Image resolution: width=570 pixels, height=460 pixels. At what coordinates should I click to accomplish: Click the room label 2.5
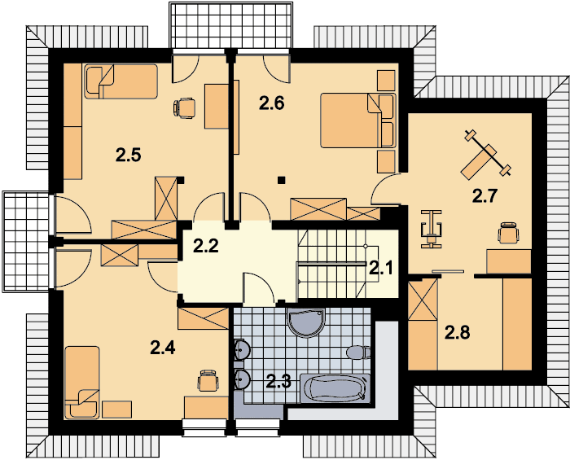click(x=129, y=156)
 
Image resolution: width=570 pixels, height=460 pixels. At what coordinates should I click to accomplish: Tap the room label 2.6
click(x=271, y=103)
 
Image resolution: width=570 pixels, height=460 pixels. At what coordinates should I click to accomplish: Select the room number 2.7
click(x=484, y=196)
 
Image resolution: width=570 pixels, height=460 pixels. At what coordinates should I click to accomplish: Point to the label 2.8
click(x=458, y=332)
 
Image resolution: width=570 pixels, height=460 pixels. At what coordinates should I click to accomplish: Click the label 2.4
click(x=163, y=348)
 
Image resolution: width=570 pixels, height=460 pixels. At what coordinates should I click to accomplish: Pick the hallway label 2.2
click(x=206, y=246)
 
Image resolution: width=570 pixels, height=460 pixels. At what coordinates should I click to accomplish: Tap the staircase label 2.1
click(x=381, y=269)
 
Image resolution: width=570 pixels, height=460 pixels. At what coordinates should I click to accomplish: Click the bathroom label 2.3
click(x=278, y=382)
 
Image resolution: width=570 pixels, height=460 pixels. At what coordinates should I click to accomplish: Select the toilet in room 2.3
click(x=359, y=353)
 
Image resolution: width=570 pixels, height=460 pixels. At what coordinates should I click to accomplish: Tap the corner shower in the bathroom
click(x=306, y=322)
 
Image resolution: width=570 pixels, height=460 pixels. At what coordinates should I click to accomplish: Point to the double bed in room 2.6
click(x=358, y=120)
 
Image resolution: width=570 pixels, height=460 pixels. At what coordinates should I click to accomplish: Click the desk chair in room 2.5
click(x=185, y=108)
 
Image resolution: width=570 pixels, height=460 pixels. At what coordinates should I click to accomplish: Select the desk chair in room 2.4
click(x=208, y=381)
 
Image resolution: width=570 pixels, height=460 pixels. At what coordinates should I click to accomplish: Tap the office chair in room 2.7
click(x=508, y=233)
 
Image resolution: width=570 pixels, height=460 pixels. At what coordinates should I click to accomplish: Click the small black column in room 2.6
click(x=281, y=179)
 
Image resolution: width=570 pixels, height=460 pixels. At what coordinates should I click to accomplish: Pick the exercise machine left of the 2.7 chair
click(x=432, y=230)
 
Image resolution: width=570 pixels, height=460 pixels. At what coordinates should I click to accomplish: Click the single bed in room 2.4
click(x=82, y=382)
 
